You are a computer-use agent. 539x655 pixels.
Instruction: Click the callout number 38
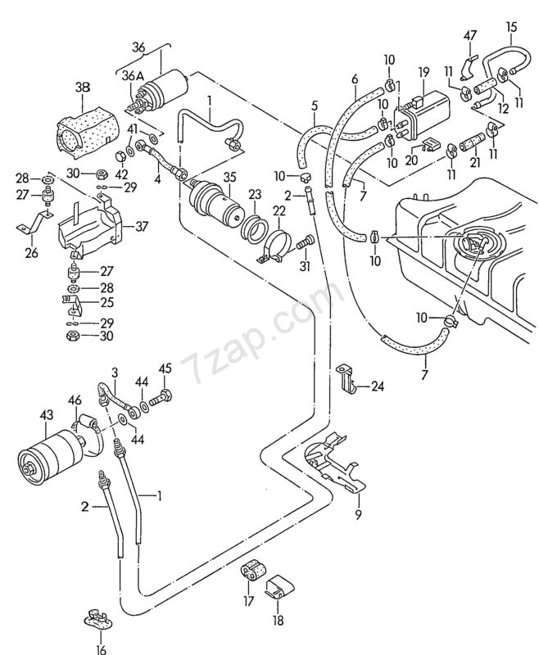click(x=83, y=88)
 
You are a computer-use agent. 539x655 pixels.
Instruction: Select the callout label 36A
click(x=133, y=77)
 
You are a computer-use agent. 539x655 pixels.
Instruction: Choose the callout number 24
click(x=377, y=386)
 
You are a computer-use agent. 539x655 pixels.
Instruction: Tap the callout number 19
click(x=424, y=71)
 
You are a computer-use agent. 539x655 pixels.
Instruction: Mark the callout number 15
click(x=511, y=28)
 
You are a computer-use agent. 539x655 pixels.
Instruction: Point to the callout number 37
click(x=142, y=226)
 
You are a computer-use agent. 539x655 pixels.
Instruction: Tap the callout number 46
click(x=75, y=400)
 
